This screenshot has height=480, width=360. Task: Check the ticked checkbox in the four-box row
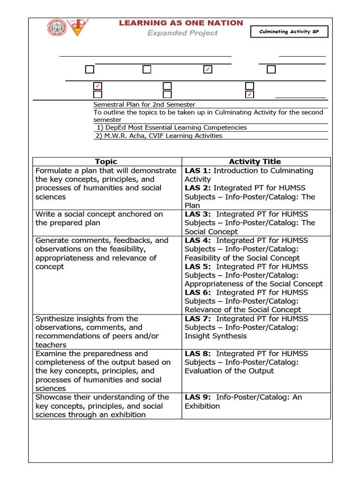(208, 69)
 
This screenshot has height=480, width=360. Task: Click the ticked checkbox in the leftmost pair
(97, 86)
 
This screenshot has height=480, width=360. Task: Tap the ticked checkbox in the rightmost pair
(250, 95)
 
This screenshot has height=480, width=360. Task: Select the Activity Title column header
(255, 162)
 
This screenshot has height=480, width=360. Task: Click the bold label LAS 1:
(198, 171)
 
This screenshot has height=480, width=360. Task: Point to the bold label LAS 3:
(198, 214)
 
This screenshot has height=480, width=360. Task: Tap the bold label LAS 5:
(198, 266)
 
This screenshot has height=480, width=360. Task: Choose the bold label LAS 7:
(198, 319)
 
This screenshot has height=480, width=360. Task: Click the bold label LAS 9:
(198, 397)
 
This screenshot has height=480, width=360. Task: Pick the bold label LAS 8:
(198, 353)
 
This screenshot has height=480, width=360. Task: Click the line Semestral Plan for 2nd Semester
(144, 105)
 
